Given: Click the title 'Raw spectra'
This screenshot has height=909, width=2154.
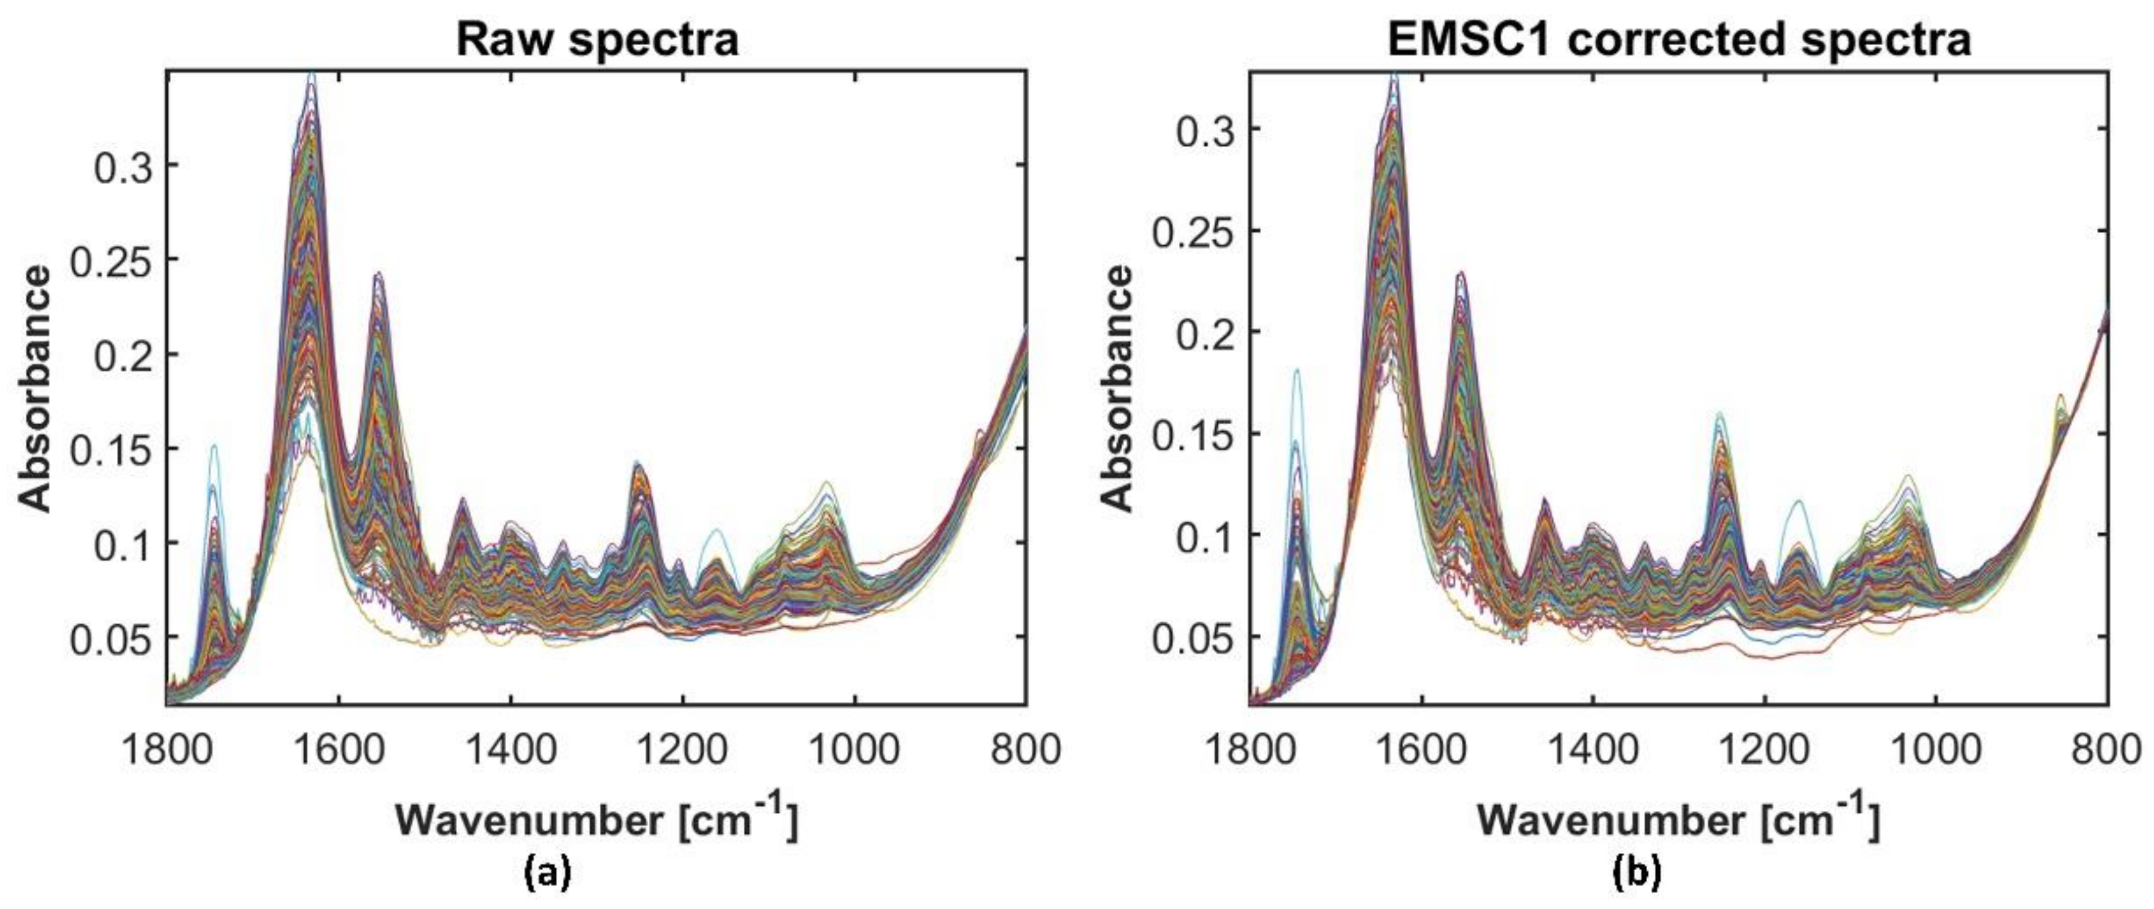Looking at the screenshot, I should [597, 39].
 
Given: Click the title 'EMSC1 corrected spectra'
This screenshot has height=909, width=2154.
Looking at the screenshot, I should [1679, 39].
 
